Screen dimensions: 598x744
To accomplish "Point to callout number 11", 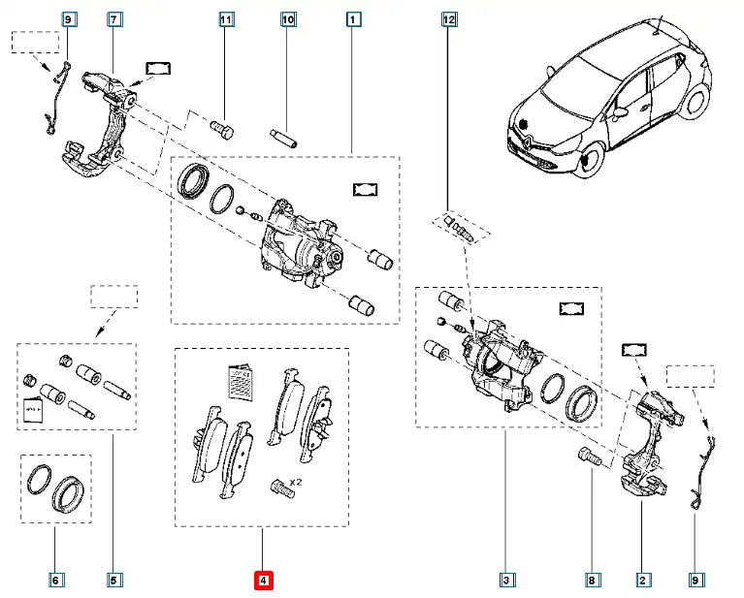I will point(226,18).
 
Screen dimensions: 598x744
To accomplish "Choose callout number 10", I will point(287,18).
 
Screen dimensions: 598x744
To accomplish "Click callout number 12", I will point(448,18).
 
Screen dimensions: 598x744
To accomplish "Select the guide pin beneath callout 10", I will point(287,134).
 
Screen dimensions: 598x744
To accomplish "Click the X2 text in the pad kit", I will point(295,482).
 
